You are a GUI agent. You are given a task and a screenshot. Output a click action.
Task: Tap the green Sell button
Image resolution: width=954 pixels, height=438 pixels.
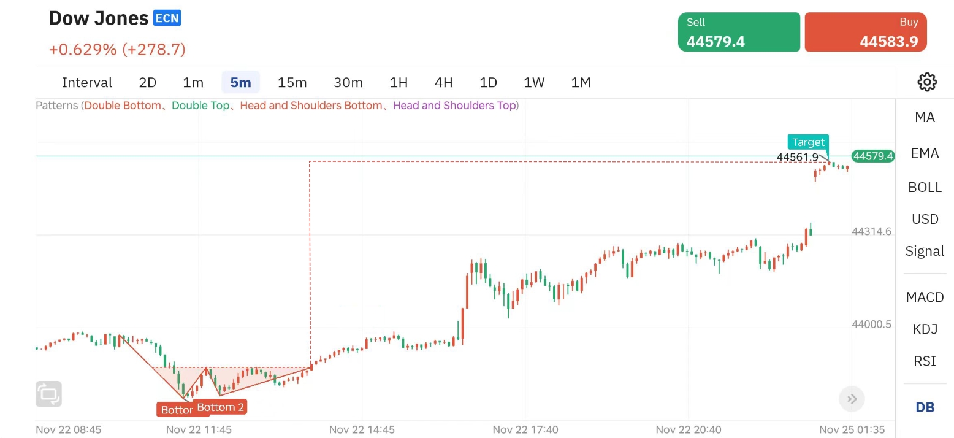tap(739, 32)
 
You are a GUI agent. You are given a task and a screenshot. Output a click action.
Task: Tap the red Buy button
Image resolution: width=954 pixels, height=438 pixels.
tap(865, 32)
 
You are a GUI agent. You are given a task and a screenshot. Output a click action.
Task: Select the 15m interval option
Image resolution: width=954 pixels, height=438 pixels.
tap(292, 82)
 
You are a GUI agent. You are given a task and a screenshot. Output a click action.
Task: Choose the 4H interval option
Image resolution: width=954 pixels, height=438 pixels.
tap(443, 82)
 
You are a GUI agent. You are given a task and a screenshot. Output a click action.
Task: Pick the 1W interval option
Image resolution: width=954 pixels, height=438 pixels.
tap(534, 82)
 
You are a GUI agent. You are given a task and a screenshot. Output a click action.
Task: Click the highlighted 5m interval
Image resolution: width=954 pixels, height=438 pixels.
tap(240, 82)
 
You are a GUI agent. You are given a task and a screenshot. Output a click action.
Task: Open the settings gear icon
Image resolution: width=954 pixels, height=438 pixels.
tap(926, 82)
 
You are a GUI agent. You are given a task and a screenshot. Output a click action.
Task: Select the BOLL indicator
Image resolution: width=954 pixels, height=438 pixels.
tap(925, 187)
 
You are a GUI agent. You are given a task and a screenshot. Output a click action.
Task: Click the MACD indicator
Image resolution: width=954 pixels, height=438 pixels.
tap(925, 297)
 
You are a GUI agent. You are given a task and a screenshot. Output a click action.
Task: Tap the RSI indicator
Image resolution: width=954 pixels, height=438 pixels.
tap(925, 361)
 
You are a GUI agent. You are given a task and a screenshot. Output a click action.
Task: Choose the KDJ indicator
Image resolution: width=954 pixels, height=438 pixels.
tap(925, 329)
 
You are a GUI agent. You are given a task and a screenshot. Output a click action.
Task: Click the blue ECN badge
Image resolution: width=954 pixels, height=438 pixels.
tap(167, 18)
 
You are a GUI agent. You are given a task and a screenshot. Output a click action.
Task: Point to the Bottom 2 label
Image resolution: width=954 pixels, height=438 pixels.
tap(221, 407)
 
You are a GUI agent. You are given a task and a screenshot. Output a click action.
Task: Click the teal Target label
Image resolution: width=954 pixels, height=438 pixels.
tap(808, 142)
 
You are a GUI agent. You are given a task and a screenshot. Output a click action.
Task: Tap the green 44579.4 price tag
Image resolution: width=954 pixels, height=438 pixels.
tap(872, 156)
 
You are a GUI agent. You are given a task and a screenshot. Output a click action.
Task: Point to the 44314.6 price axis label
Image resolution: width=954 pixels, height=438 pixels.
tap(871, 231)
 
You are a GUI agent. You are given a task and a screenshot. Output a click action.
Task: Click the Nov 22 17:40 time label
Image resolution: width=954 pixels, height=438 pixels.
tap(525, 429)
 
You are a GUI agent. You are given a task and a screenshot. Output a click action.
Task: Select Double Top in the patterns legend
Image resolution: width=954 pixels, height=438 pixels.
tap(200, 106)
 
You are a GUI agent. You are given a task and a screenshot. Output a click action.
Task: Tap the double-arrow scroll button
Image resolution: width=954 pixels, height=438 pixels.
tap(852, 399)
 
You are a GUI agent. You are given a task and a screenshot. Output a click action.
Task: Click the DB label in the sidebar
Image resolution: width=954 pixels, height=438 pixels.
tap(925, 407)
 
